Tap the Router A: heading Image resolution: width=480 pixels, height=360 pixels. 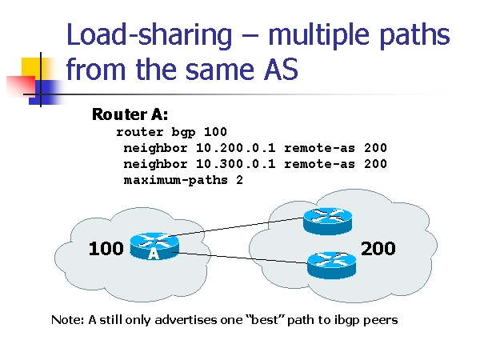130,114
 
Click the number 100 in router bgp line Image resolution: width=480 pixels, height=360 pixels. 215,132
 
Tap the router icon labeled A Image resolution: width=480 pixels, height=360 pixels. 153,246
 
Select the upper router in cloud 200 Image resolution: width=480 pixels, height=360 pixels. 328,220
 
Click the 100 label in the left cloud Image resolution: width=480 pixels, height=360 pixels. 106,249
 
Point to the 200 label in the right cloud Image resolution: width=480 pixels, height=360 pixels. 378,249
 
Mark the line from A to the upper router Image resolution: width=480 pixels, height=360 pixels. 240,227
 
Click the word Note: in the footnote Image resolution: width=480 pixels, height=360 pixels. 68,320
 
